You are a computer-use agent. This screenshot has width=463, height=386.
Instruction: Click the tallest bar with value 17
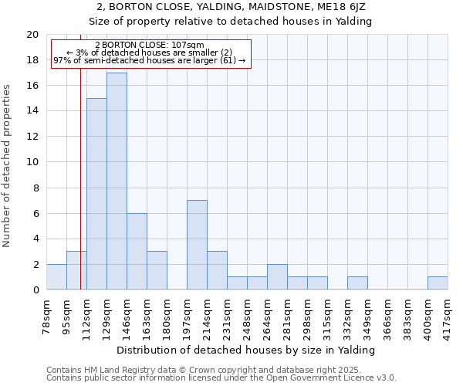117,181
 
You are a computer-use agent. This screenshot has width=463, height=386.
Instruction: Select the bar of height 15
96,194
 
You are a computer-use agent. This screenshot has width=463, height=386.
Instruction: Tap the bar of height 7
197,245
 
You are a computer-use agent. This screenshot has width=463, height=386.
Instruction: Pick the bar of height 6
137,251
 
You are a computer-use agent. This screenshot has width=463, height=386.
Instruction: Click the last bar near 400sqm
438,283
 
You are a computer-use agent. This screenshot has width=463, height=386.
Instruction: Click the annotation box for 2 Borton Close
150,52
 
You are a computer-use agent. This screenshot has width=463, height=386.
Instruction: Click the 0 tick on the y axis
35,289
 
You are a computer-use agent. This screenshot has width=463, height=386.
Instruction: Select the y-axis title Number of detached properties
8,166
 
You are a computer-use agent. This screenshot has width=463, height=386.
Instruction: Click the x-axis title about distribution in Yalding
246,350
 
